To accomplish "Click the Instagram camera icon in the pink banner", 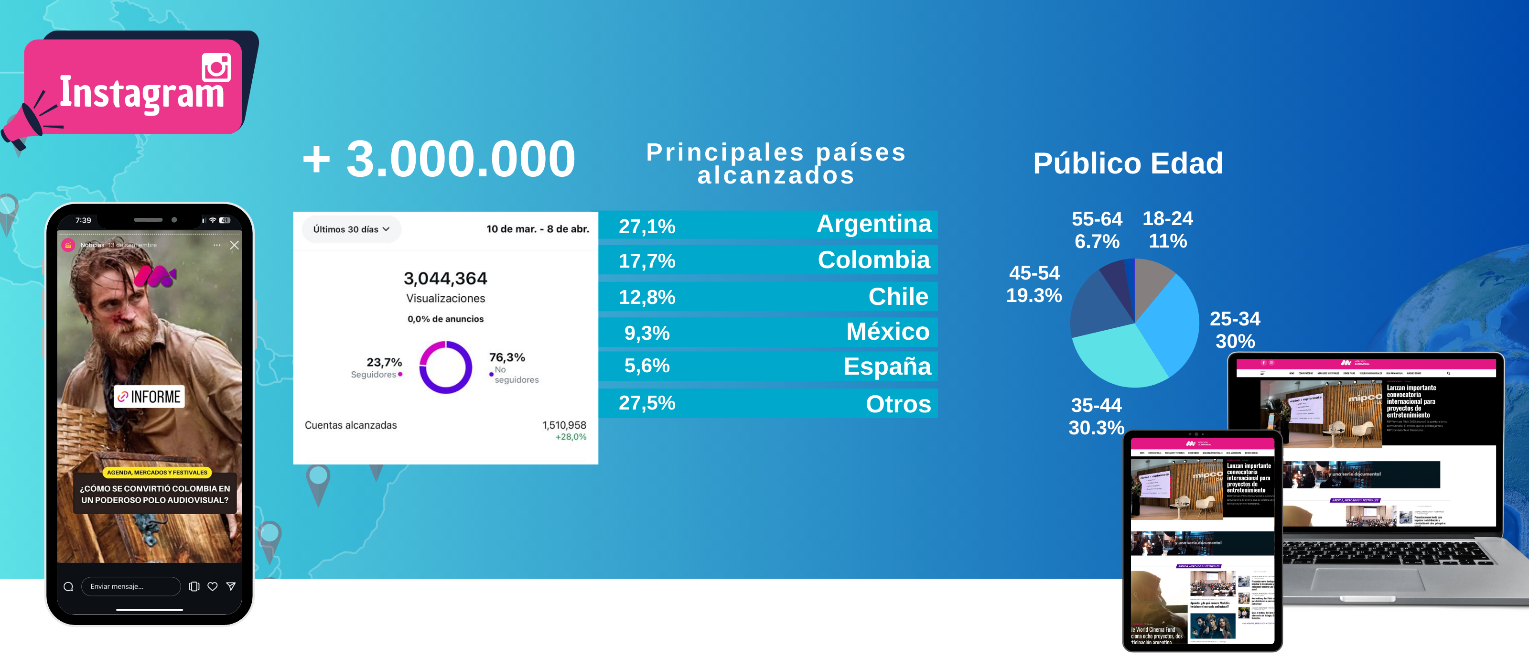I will pos(216,67).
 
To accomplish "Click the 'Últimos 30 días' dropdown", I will pos(351,229).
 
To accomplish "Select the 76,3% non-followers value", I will pos(507,357).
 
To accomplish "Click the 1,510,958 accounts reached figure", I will pos(564,425).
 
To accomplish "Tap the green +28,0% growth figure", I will pos(571,437).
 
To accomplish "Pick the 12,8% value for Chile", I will pos(647,297).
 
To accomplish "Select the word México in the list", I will pos(887,331).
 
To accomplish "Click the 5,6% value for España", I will pos(647,366).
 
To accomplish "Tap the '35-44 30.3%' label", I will pos(1096,416).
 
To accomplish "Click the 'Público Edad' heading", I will pos(1128,163).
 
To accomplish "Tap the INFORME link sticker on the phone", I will pos(150,397).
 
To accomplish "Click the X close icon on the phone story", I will pos(235,245).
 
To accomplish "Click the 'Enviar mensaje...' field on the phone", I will pos(130,586).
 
